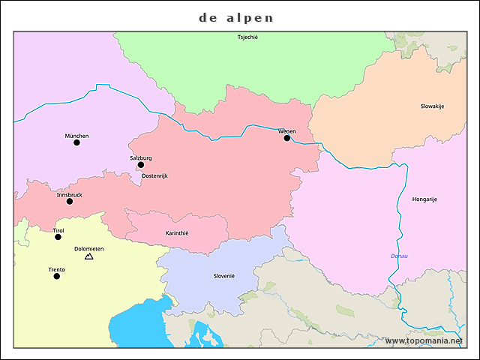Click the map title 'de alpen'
(x=236, y=17)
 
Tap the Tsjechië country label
(x=247, y=37)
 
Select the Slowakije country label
(x=432, y=106)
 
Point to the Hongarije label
(x=424, y=199)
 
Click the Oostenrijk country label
(x=154, y=175)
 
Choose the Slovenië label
(x=223, y=276)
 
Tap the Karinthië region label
(x=177, y=233)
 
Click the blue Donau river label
(x=399, y=256)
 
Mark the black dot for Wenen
(x=286, y=138)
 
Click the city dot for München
(x=76, y=142)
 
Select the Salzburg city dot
(x=141, y=165)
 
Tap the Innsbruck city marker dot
(x=70, y=201)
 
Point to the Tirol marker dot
(x=58, y=237)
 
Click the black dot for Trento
(x=56, y=276)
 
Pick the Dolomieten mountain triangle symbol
(x=89, y=256)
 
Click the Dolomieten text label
(x=89, y=248)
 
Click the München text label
(x=76, y=136)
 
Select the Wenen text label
(x=286, y=131)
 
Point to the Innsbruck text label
(x=70, y=194)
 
